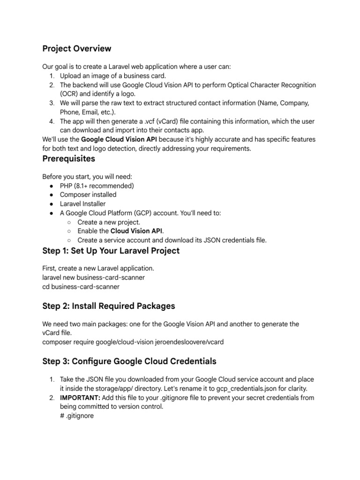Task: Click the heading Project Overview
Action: (77, 49)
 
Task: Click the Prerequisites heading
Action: (68, 158)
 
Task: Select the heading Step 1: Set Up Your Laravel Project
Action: (111, 251)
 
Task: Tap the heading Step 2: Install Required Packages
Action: (108, 306)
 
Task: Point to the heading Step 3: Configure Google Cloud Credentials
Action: (129, 361)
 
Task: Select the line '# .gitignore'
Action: (77, 415)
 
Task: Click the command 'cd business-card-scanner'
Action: (81, 286)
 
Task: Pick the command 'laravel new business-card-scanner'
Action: (93, 277)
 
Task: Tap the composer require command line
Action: (133, 342)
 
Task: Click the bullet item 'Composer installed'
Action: (88, 195)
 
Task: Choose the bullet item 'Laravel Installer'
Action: (82, 204)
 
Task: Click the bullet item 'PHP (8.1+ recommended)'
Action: (97, 186)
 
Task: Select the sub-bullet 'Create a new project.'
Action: (109, 222)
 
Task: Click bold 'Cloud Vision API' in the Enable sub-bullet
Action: (136, 231)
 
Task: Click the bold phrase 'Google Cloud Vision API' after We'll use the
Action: (119, 140)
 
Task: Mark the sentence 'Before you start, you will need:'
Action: (87, 177)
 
